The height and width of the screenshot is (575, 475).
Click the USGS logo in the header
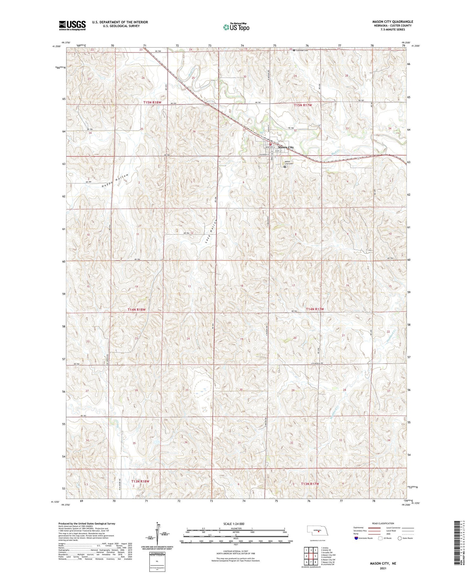[72, 25]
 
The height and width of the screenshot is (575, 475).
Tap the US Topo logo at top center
[236, 27]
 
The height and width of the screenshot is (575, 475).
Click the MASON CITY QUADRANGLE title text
[392, 22]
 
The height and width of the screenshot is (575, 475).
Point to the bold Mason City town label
[286, 147]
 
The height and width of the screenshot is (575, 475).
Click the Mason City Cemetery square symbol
[285, 167]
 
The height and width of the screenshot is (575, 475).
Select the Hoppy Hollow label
[116, 181]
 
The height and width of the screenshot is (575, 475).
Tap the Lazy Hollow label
[210, 231]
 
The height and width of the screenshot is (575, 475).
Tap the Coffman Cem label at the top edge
[302, 50]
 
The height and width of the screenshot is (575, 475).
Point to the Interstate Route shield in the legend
[356, 538]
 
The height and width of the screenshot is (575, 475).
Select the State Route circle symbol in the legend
[400, 538]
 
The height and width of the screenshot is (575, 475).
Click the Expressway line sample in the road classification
[376, 528]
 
